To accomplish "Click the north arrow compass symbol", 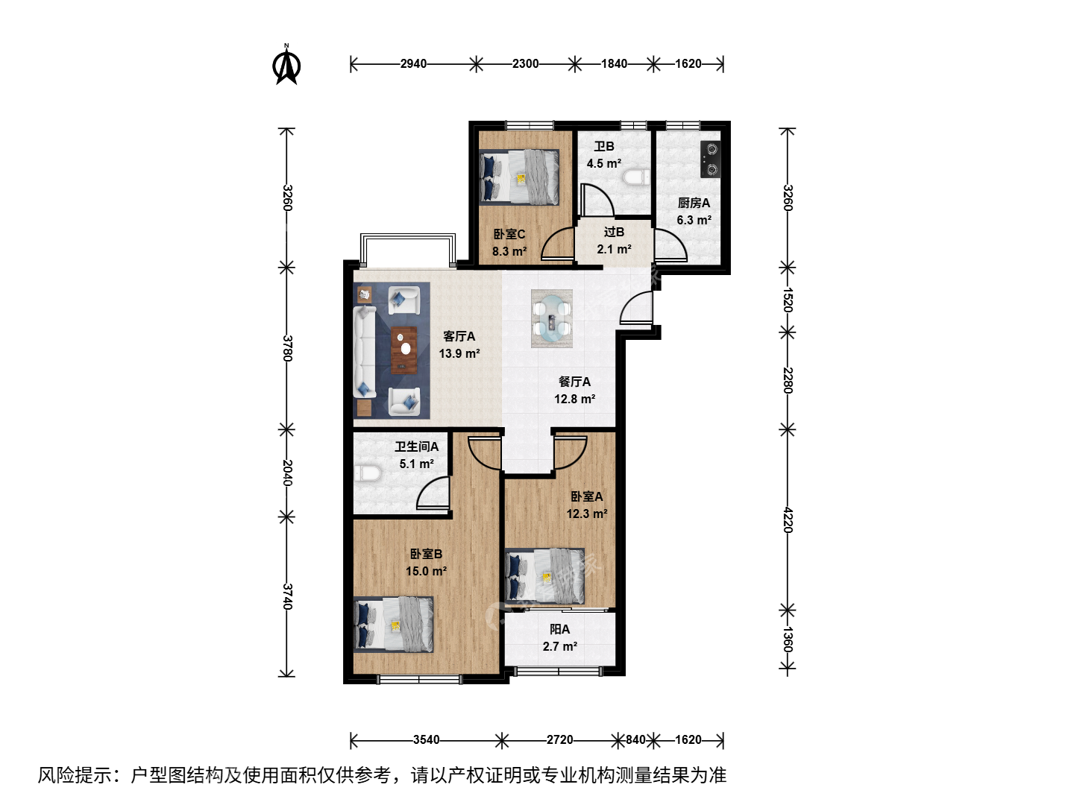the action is coord(286,65).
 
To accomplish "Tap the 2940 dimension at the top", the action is coord(413,63).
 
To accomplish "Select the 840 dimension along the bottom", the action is coord(635,739).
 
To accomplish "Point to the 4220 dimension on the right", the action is coord(788,520).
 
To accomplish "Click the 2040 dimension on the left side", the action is coord(287,473).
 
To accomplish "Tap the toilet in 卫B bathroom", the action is coord(636,177).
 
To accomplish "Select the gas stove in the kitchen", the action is coord(711,159).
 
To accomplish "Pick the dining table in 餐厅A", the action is coord(552,318).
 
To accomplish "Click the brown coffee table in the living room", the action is coord(403,350).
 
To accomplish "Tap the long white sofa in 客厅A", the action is coord(365,351).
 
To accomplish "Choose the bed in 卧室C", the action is coord(519,177).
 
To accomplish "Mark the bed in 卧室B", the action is coord(393,624).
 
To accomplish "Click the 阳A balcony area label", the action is coord(560,638).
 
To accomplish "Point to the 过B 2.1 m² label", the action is coord(614,241).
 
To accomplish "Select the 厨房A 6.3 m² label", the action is coord(694,211).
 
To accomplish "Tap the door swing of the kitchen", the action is coord(671,244).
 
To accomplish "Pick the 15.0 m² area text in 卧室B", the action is coord(426,571).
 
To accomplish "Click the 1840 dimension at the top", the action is coord(614,63).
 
